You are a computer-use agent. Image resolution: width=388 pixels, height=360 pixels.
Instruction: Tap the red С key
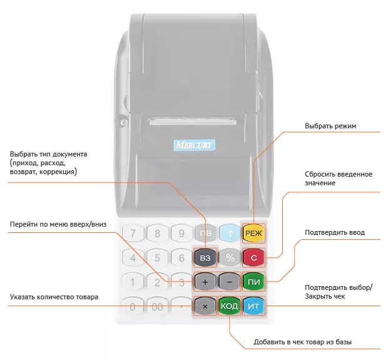click(x=254, y=257)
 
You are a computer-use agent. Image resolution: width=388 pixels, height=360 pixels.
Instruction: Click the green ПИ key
click(x=254, y=282)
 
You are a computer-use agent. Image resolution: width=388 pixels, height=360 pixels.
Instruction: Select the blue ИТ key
click(x=253, y=306)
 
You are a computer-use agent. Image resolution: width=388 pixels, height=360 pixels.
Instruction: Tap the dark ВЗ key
click(x=205, y=257)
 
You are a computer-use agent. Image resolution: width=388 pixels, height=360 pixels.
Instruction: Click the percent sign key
click(x=230, y=257)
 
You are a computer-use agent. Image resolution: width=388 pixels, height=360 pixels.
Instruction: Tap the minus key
click(x=230, y=282)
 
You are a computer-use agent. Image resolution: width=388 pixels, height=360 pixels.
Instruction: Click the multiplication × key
click(x=205, y=306)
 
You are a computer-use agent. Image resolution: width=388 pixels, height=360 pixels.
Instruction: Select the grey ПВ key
click(x=205, y=234)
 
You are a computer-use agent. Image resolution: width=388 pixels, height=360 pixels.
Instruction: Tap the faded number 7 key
click(x=133, y=234)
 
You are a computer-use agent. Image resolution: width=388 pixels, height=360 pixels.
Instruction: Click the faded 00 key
click(x=157, y=307)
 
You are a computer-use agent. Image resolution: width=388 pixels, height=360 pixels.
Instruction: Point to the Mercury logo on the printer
click(x=194, y=145)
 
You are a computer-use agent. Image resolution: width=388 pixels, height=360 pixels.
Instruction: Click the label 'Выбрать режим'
click(x=330, y=126)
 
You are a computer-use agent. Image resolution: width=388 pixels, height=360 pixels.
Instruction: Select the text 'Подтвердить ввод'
click(x=334, y=233)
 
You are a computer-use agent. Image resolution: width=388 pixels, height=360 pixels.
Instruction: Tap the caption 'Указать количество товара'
click(x=54, y=297)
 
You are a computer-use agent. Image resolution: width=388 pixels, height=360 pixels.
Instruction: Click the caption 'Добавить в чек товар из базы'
click(x=302, y=342)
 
